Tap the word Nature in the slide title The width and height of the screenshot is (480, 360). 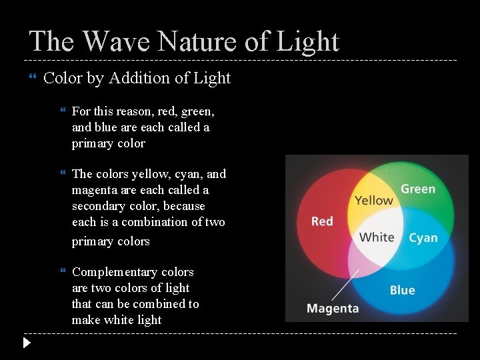(193, 41)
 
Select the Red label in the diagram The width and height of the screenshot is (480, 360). (322, 221)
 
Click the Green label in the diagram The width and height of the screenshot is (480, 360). (418, 189)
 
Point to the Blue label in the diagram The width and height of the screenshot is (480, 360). (402, 290)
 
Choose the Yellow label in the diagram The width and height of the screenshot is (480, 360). (374, 200)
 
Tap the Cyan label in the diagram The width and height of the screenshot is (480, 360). (423, 238)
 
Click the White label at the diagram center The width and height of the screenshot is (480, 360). (377, 237)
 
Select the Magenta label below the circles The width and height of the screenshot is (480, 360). (333, 309)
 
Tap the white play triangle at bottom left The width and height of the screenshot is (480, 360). (26, 343)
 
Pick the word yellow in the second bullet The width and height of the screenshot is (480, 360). (151, 174)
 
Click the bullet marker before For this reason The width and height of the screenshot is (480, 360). (63, 111)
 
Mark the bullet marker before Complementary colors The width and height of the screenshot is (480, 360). (63, 272)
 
